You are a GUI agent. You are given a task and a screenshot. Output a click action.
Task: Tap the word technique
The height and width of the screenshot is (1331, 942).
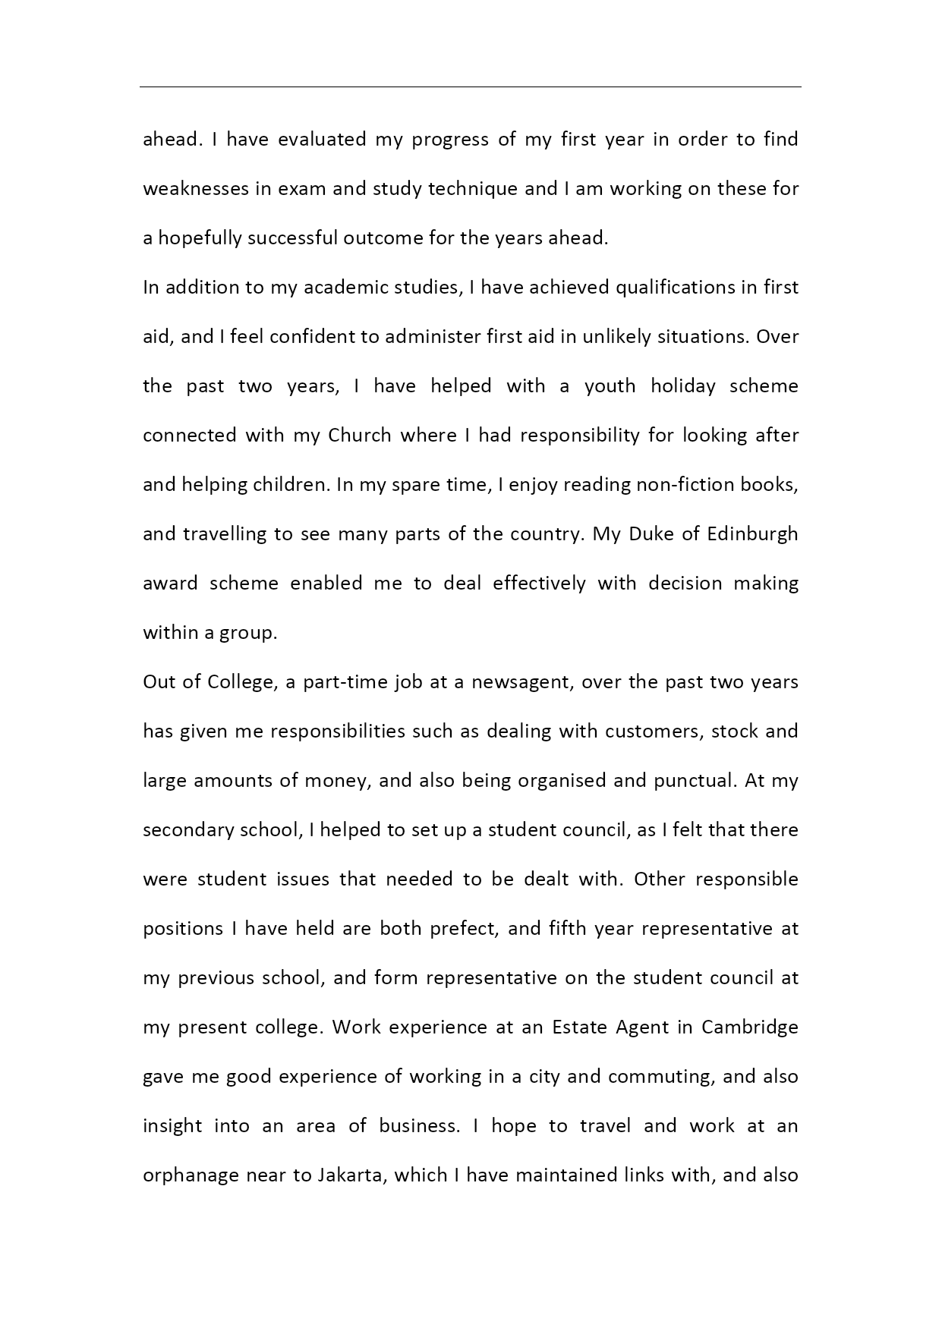tap(472, 189)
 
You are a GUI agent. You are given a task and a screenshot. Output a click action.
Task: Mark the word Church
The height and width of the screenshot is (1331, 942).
tap(359, 436)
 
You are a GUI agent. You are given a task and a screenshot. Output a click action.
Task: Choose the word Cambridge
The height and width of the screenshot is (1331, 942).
tap(749, 1027)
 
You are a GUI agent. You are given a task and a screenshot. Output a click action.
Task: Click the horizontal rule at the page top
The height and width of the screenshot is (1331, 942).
tap(471, 87)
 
